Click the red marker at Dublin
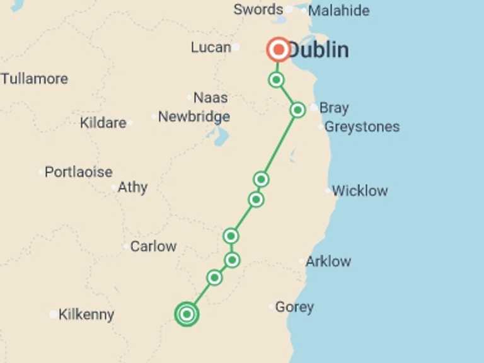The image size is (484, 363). pyautogui.click(x=279, y=49)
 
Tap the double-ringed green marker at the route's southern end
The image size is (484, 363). pyautogui.click(x=187, y=314)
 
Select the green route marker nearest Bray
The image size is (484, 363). pyautogui.click(x=297, y=110)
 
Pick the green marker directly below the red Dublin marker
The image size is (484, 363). pyautogui.click(x=276, y=79)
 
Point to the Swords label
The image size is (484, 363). pyautogui.click(x=258, y=9)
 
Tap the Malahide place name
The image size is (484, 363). pyautogui.click(x=338, y=11)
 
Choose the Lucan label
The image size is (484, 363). pyautogui.click(x=210, y=47)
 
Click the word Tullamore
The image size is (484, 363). pyautogui.click(x=34, y=79)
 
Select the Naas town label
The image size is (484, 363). pyautogui.click(x=210, y=98)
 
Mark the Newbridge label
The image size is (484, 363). pyautogui.click(x=193, y=117)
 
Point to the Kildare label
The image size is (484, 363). pyautogui.click(x=103, y=123)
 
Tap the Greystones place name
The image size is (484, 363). pyautogui.click(x=362, y=127)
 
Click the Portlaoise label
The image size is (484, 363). pyautogui.click(x=79, y=172)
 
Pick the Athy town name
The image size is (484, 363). pyautogui.click(x=132, y=187)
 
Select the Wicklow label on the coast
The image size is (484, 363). pyautogui.click(x=360, y=191)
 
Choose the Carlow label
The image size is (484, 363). pyautogui.click(x=153, y=246)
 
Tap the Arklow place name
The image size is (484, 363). pyautogui.click(x=328, y=262)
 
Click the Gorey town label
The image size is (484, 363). pyautogui.click(x=294, y=308)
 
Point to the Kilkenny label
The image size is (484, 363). pyautogui.click(x=86, y=314)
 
